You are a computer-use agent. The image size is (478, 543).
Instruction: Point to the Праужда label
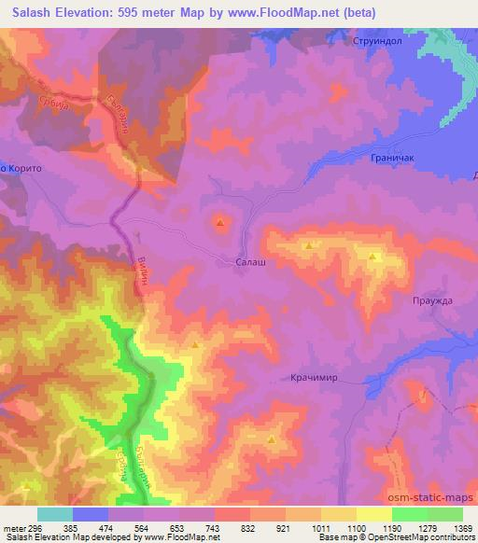tap(431, 299)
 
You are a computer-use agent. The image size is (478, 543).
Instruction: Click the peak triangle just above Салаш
tap(220, 223)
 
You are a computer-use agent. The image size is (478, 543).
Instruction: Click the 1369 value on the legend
tap(462, 527)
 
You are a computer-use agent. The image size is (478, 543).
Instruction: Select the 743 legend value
tap(214, 527)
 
